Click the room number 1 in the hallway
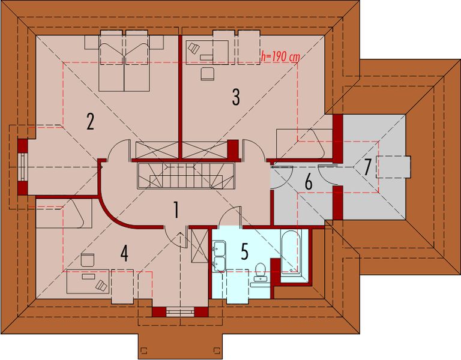tap(176, 210)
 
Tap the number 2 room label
tap(90, 121)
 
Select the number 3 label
tap(236, 96)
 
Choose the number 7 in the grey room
tap(367, 167)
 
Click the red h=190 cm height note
tap(280, 58)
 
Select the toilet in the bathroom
tap(261, 271)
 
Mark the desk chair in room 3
tap(207, 74)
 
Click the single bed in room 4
tap(63, 213)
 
